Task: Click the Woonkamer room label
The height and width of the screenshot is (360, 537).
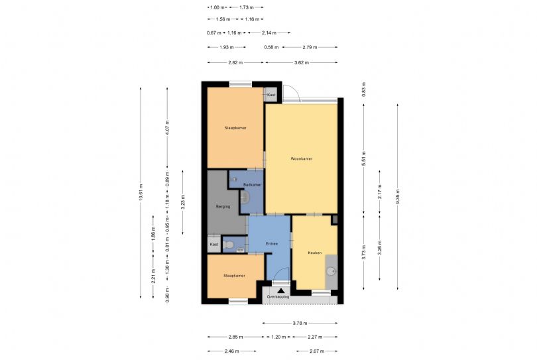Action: [302, 159]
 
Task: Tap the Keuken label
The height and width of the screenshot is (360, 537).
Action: [315, 253]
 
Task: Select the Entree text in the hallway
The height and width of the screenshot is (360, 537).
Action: [271, 244]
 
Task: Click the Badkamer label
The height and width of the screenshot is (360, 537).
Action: [253, 184]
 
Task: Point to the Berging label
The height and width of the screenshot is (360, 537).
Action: [223, 207]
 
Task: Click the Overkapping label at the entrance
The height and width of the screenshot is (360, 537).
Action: [279, 297]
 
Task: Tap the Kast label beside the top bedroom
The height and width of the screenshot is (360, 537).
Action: [270, 95]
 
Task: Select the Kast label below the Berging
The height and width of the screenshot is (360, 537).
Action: [213, 245]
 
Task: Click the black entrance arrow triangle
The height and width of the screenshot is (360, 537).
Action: [281, 290]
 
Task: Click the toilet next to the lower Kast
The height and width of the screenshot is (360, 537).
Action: [228, 245]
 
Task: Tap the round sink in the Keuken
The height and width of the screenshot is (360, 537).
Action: [330, 270]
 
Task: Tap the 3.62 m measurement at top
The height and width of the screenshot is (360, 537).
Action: [302, 62]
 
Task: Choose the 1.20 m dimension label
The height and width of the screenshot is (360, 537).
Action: [278, 337]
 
